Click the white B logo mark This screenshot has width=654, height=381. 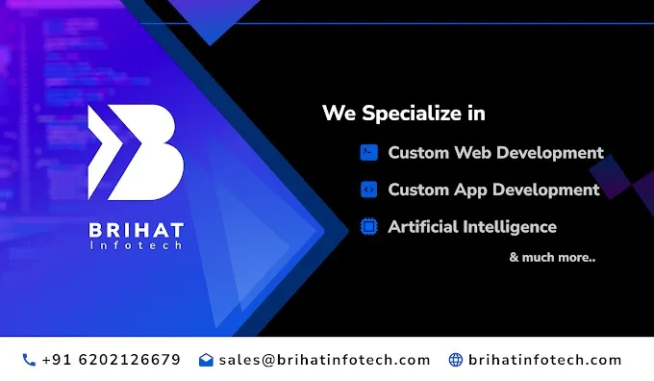(136, 151)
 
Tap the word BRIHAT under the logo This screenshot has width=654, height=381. (136, 231)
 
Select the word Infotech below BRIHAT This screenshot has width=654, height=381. (136, 246)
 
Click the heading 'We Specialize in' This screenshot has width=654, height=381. (403, 114)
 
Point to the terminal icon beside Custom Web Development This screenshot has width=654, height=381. (367, 152)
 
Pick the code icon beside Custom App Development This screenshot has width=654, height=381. (367, 190)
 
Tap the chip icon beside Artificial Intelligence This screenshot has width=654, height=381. (367, 227)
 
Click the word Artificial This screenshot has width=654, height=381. (425, 227)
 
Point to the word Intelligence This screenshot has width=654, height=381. (512, 227)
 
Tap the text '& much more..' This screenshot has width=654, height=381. (552, 257)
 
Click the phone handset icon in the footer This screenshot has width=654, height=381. (29, 360)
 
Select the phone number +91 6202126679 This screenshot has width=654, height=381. (111, 360)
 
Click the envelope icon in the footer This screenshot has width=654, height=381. (206, 360)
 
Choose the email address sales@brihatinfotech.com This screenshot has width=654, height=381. (324, 360)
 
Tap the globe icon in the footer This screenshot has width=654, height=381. (456, 360)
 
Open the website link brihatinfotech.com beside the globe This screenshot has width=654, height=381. (544, 360)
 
